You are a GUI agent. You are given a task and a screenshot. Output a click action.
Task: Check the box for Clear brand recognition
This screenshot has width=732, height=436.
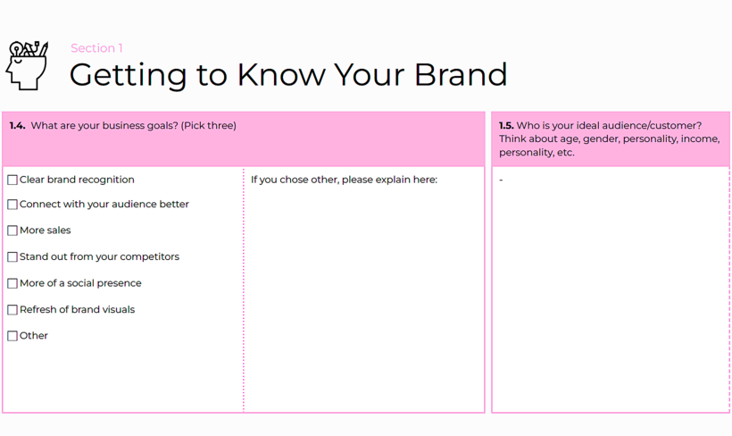(x=12, y=180)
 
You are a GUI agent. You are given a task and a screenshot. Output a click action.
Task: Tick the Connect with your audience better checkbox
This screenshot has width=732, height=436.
(x=12, y=205)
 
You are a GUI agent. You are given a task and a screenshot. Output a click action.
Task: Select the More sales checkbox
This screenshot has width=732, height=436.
(x=12, y=231)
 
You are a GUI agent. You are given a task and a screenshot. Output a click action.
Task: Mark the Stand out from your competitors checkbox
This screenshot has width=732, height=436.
(x=12, y=257)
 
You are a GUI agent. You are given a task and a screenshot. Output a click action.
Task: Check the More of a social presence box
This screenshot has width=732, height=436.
(x=12, y=283)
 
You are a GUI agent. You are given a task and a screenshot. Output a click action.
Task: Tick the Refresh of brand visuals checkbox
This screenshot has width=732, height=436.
(x=12, y=310)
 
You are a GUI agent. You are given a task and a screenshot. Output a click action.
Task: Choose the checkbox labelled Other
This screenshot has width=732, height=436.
(x=12, y=336)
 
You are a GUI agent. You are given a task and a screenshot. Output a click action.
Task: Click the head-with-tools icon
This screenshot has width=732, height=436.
(x=27, y=65)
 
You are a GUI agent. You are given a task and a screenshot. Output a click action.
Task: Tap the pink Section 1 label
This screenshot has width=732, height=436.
(x=96, y=48)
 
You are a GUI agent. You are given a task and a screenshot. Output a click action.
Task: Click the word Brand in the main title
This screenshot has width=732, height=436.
(x=461, y=75)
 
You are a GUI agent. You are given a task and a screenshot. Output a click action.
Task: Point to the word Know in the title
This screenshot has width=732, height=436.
(x=281, y=75)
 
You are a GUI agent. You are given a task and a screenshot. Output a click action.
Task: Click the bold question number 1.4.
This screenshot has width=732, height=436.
(x=17, y=125)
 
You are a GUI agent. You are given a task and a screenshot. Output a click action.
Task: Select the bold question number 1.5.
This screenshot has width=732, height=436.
(x=506, y=125)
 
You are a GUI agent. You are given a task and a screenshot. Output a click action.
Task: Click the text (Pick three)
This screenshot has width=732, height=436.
(x=209, y=126)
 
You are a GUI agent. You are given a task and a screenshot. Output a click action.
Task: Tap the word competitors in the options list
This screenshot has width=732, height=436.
(x=149, y=257)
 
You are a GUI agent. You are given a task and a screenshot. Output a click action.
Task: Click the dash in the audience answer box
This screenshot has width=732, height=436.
(x=501, y=180)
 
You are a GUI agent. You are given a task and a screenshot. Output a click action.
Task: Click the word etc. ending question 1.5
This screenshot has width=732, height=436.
(x=566, y=153)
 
